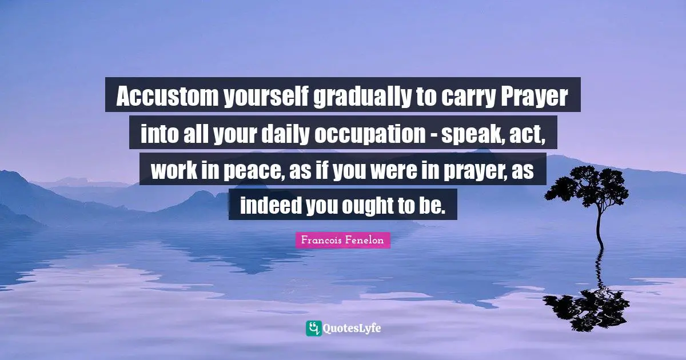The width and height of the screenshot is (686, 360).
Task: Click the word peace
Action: [252, 171]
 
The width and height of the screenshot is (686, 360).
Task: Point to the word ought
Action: [368, 206]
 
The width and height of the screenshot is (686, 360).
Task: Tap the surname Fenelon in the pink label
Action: [364, 241]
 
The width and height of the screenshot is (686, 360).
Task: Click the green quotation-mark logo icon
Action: [313, 329]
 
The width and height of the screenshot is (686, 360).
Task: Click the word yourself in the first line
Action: [264, 98]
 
